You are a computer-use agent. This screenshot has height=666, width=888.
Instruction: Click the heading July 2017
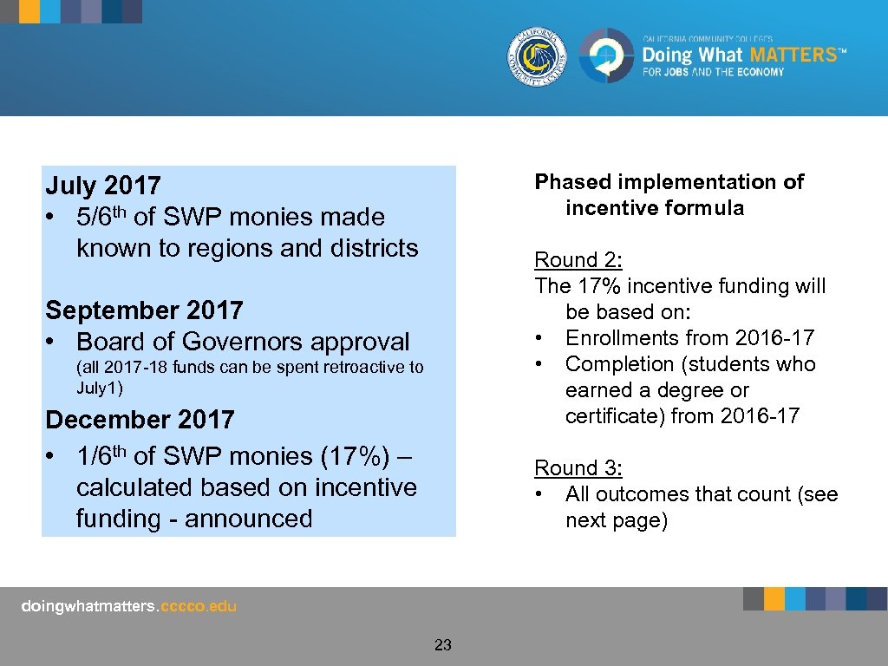pos(103,186)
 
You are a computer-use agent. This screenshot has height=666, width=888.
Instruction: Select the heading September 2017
pos(144,310)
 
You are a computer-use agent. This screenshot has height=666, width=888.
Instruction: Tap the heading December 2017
pos(140,420)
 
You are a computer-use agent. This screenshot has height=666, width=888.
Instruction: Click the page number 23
pos(443,645)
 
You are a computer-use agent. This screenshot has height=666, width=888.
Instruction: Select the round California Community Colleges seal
pos(538,56)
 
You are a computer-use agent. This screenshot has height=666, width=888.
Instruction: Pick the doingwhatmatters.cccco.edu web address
pos(128,607)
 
